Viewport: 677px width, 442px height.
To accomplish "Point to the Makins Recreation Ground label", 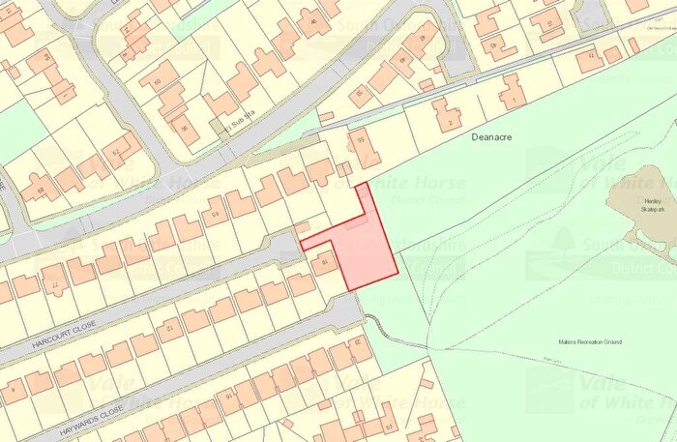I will (x=589, y=342).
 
